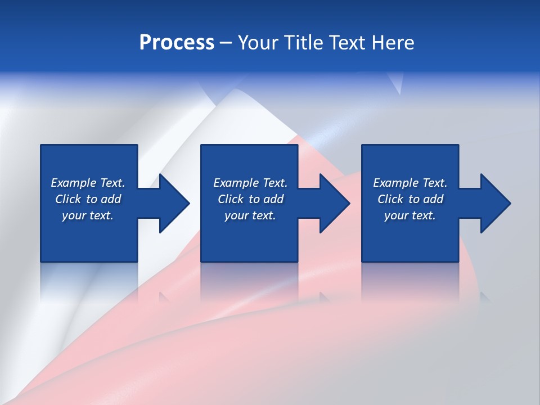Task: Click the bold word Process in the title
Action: [177, 43]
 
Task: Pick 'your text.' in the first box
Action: [88, 215]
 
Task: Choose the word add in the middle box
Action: [273, 199]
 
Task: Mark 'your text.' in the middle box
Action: [250, 215]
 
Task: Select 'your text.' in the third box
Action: [410, 215]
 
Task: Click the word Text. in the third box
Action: [435, 183]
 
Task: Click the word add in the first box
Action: [111, 199]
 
